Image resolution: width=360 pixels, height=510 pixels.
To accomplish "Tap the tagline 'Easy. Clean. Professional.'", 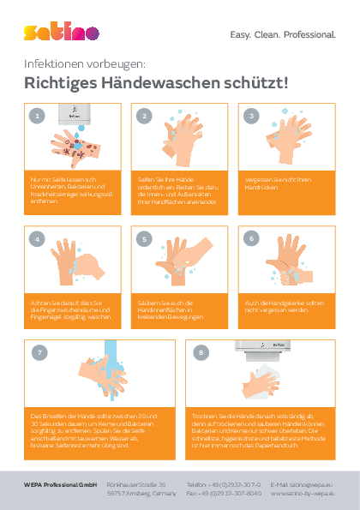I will coord(283,35).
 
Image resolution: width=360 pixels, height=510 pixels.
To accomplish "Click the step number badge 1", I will coord(36,115).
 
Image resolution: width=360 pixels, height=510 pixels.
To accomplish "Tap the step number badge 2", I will coord(144,115).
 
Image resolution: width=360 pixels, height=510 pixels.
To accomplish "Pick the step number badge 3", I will coord(251,115).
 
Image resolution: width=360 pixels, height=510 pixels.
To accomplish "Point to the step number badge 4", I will coord(36,238).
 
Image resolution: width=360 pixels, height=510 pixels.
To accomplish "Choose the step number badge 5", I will coord(144,238).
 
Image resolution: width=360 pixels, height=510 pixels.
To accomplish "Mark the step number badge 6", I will coord(251,238).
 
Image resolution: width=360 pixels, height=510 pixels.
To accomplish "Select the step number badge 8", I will coord(200,351).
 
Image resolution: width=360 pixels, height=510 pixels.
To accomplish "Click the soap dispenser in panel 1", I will coord(73,112).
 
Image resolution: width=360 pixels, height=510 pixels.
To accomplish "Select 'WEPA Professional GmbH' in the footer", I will coord(60,484).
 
